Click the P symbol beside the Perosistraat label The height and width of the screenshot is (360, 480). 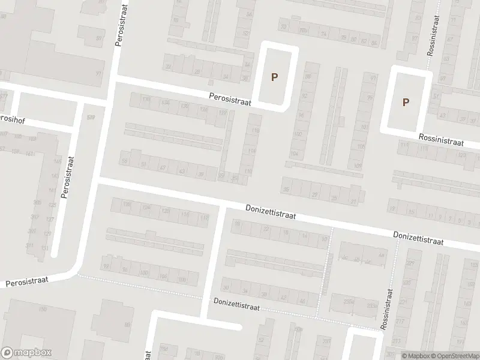click(275, 77)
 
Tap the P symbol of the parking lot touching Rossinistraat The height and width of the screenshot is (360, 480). click(406, 102)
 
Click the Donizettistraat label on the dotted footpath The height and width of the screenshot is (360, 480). click(236, 307)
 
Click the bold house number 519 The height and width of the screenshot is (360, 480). click(91, 118)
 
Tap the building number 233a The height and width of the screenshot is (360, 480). click(373, 305)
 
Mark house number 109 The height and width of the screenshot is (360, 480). click(358, 166)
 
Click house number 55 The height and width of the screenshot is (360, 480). click(125, 161)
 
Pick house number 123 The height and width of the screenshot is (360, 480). click(461, 156)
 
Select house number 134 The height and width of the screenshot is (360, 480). click(166, 103)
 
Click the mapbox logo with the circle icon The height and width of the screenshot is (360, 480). click(26, 353)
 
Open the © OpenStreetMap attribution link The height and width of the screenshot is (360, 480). click(455, 356)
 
